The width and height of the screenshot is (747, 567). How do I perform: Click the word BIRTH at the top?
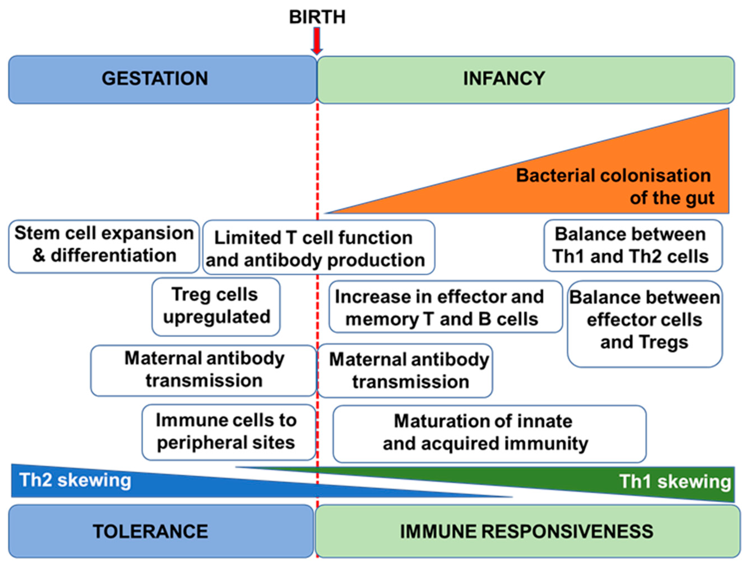[x=317, y=17]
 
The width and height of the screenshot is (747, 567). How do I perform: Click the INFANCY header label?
[x=504, y=79]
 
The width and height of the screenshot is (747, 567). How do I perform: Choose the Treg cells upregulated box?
[x=216, y=306]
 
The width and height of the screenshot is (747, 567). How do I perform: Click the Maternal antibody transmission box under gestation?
[x=204, y=370]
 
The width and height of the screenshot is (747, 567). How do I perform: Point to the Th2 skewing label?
[x=75, y=480]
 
